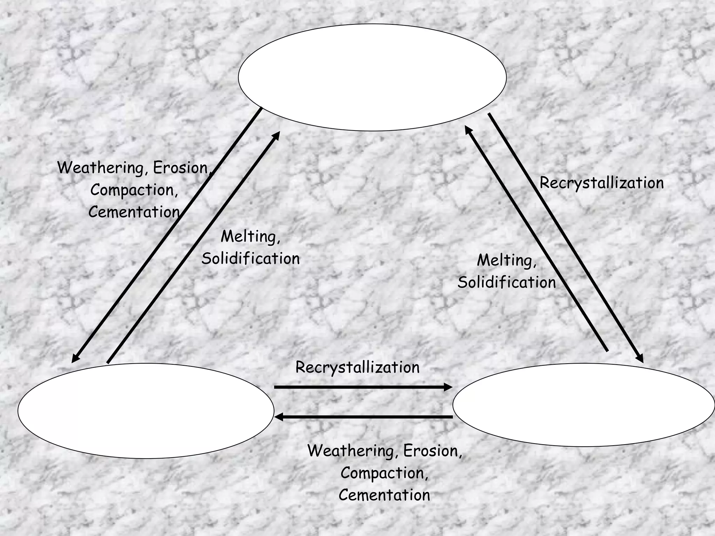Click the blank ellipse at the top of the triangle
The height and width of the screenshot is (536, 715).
(372, 77)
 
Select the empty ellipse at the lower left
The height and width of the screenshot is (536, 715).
(146, 411)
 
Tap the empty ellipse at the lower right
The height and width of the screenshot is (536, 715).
(584, 405)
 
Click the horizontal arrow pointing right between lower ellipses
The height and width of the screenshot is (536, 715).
(363, 387)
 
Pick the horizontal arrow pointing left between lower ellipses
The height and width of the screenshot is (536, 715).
(363, 417)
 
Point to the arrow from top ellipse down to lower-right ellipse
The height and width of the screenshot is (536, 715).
(566, 237)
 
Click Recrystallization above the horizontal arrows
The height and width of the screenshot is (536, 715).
(357, 367)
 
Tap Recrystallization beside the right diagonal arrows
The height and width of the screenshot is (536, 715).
(601, 183)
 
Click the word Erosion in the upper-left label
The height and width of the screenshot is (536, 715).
(181, 168)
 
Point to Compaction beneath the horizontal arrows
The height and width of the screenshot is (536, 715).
(384, 473)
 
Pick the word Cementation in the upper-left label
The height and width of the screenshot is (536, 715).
(134, 212)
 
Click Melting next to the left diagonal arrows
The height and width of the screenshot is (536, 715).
(250, 237)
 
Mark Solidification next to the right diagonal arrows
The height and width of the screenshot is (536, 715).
(507, 282)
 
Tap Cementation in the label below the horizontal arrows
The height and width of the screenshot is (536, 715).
(384, 495)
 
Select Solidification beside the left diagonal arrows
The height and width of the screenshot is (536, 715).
(250, 259)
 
